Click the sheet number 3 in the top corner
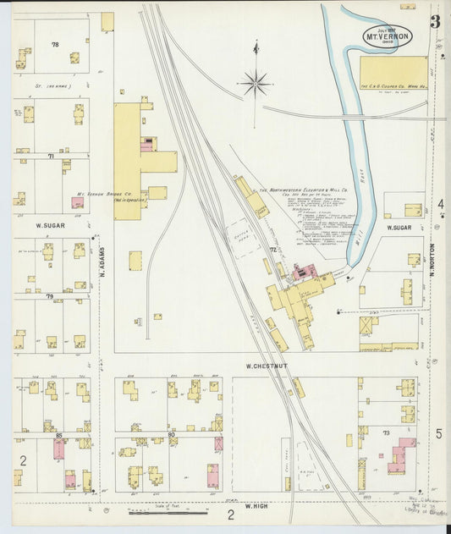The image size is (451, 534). tap(434, 22)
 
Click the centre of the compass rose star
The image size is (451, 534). tap(255, 83)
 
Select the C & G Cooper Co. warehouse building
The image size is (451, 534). tap(393, 73)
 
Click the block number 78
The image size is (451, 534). tap(56, 44)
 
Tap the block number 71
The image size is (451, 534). tap(51, 157)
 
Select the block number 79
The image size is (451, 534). tap(50, 296)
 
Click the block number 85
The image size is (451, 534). tap(58, 435)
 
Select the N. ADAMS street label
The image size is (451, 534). tap(98, 270)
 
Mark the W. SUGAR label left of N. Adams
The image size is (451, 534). tap(51, 227)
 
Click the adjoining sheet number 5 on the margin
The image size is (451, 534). tap(439, 433)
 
